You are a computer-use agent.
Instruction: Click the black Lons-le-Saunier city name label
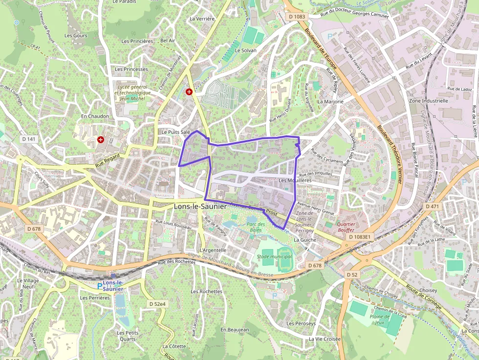200,207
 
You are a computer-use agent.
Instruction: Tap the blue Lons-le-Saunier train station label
113,286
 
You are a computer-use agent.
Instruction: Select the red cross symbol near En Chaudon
101,140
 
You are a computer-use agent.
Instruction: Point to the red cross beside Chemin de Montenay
189,91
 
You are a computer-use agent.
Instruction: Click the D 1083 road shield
297,17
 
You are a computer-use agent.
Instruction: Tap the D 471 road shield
433,207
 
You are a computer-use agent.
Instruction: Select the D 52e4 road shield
157,304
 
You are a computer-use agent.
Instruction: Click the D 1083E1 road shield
360,237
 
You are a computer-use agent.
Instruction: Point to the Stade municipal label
274,256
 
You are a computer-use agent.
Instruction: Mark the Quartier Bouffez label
346,227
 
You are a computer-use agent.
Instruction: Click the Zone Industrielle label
429,101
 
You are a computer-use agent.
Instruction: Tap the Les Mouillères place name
295,180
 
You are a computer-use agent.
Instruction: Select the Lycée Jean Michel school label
132,93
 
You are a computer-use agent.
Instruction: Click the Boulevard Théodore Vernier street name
390,154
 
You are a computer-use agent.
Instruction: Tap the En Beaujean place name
235,330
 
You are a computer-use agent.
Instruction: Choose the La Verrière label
202,19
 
